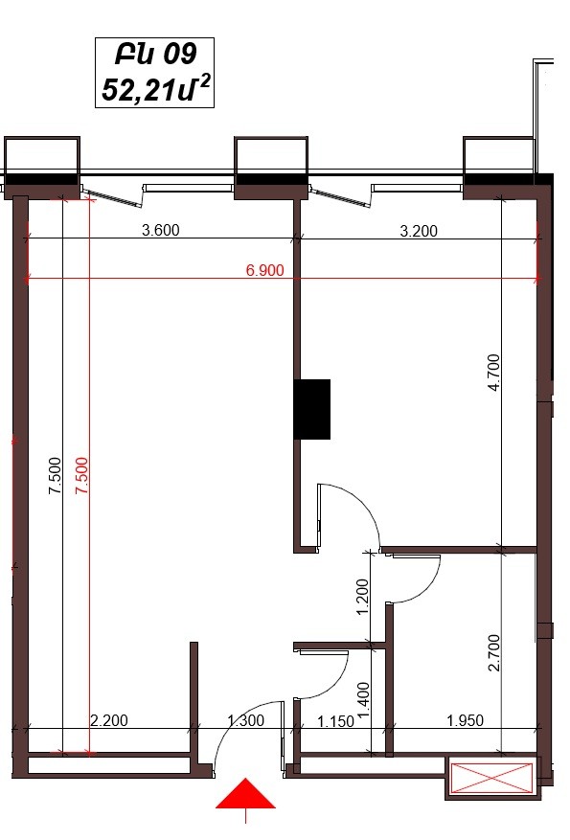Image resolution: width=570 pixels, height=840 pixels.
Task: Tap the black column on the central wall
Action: (x=311, y=409)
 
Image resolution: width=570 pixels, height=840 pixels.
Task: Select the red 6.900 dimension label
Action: (x=264, y=270)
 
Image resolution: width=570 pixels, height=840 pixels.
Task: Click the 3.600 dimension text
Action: (x=160, y=231)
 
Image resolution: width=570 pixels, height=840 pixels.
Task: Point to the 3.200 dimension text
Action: (x=419, y=231)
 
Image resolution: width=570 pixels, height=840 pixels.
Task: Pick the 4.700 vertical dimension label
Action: (x=494, y=373)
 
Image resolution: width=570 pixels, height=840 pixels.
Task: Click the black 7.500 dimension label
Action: (x=55, y=476)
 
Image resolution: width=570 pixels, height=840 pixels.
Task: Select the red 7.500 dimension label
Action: (x=81, y=476)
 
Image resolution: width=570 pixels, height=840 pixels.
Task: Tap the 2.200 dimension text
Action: (x=109, y=720)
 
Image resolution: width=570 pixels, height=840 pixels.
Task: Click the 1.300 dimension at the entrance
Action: (x=246, y=720)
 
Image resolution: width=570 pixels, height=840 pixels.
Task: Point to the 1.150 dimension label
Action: (x=336, y=721)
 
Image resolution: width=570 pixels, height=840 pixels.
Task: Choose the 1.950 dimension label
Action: (x=465, y=720)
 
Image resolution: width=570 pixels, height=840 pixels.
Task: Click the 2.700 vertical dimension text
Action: (x=494, y=652)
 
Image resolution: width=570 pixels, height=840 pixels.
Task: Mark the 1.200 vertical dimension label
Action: (x=363, y=597)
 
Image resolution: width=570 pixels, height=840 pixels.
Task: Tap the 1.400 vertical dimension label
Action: (x=363, y=700)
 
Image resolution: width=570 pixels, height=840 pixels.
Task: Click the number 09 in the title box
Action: (x=179, y=55)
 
